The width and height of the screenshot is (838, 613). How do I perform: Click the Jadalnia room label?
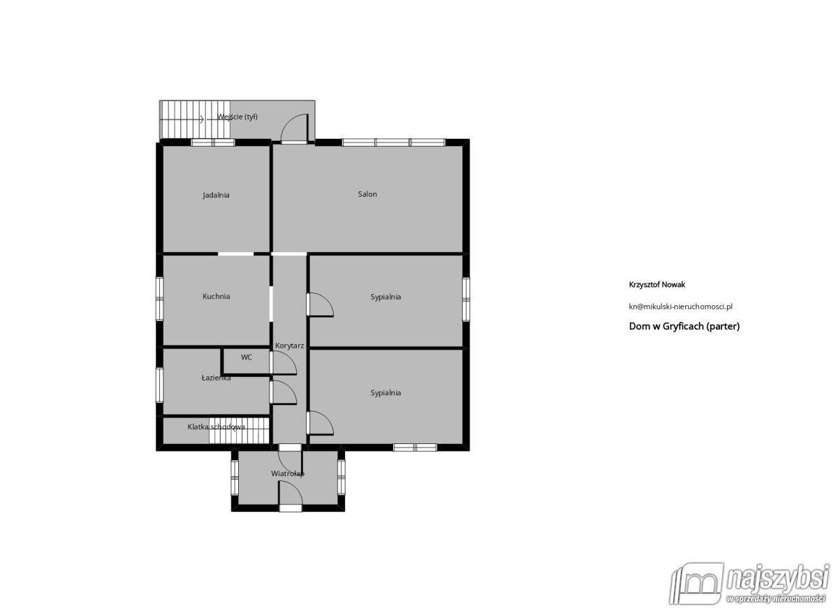(x=216, y=195)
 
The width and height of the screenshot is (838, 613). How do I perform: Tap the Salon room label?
(x=367, y=194)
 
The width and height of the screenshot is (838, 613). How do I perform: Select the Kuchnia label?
(x=216, y=296)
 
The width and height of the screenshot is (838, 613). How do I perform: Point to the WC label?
(x=247, y=357)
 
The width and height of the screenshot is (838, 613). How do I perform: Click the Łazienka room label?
(x=216, y=378)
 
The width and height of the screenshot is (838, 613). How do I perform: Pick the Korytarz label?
(x=290, y=346)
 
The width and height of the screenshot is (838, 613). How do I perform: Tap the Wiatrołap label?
(x=288, y=473)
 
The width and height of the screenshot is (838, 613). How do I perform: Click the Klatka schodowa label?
(x=216, y=427)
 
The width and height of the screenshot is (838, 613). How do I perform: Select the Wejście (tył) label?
(x=238, y=117)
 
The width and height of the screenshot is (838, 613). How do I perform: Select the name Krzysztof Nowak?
(x=657, y=285)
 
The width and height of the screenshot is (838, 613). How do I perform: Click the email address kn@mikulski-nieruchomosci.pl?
(x=680, y=306)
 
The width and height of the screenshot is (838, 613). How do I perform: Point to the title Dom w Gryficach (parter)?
(x=684, y=326)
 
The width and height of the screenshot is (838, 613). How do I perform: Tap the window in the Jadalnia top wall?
(x=213, y=142)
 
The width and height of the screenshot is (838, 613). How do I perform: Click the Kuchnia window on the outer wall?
(x=160, y=298)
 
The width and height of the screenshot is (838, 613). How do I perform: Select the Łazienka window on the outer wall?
(x=160, y=385)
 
